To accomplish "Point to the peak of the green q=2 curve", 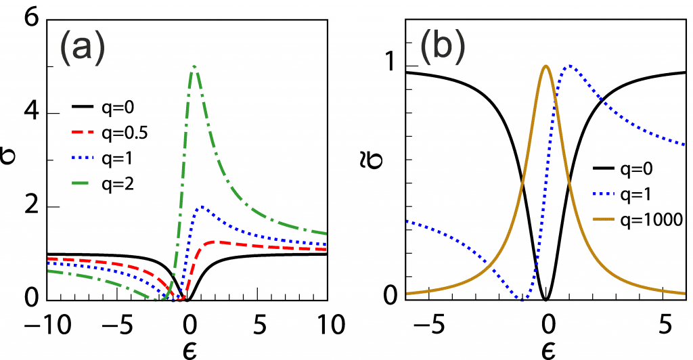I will pyautogui.click(x=194, y=66).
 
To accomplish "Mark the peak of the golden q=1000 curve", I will pyautogui.click(x=546, y=66).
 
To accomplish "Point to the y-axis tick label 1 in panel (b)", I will pyautogui.click(x=390, y=66).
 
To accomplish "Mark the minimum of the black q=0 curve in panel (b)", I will pyautogui.click(x=546, y=299).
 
